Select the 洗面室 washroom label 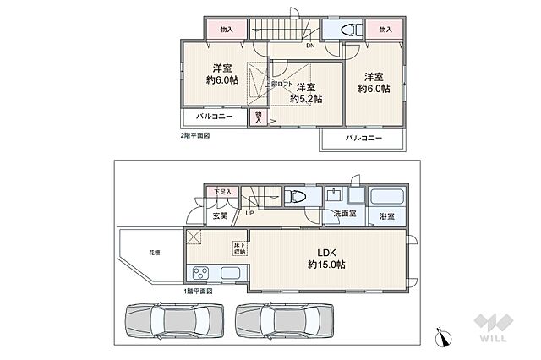click(344, 215)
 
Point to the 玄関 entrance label click(221, 215)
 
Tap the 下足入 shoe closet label click(221, 193)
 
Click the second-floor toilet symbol click(348, 30)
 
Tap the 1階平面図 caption click(199, 292)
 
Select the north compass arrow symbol click(440, 338)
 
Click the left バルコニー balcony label click(215, 117)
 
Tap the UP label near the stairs click(249, 213)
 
